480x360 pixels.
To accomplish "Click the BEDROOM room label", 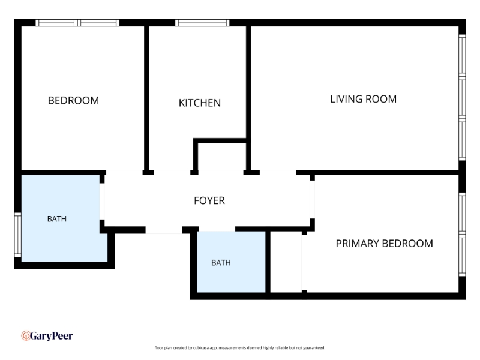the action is pos(73,100).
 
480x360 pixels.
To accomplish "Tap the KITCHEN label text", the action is pos(200,103).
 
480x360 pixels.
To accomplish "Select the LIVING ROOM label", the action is pos(364,99).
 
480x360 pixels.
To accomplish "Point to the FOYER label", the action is pos(209,200).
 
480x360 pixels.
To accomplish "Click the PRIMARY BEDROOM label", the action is pos(385,244).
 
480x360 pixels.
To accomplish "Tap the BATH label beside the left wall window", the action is pos(57,219).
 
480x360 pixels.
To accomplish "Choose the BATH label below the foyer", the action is pos(221,263).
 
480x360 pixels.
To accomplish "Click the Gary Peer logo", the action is pos(47,336).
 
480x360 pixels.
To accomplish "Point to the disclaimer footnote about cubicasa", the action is pos(239,348).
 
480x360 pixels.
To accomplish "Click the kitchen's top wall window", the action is pos(202,23).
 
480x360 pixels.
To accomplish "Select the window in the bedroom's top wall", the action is pos(77,23).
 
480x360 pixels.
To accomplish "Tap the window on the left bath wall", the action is pos(18,235).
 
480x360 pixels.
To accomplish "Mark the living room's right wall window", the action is pos(462,97).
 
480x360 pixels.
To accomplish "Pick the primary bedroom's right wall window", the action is pos(462,235).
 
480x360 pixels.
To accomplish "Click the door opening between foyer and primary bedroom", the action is pos(312,200).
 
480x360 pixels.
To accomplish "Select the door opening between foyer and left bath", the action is pos(102,202).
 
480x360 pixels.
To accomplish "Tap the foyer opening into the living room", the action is pos(278,172).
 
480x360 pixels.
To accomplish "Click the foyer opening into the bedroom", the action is pos(124,172).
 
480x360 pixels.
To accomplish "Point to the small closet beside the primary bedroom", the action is pos(286,262).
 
